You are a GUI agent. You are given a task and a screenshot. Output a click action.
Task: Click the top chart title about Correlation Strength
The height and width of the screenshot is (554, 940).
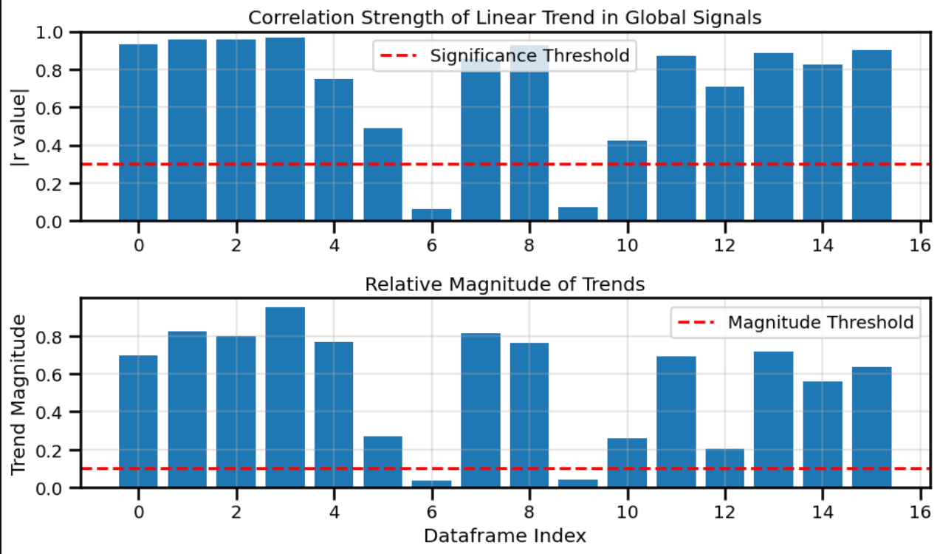click(x=504, y=18)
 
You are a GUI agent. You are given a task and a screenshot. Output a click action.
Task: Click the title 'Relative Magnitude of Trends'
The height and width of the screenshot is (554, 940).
click(x=504, y=284)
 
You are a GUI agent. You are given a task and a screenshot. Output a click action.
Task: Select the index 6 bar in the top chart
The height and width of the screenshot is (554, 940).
click(x=431, y=215)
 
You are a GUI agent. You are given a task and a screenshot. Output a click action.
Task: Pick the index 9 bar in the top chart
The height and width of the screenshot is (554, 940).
click(x=578, y=214)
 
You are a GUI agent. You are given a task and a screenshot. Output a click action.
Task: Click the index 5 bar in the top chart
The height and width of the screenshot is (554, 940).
click(x=382, y=175)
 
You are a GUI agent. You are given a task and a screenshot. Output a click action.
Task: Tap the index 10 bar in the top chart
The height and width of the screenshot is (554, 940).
click(x=627, y=181)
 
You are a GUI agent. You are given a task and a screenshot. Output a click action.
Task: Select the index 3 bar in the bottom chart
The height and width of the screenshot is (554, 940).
click(x=285, y=397)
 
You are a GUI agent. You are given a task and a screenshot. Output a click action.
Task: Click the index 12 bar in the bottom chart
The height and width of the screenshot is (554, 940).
click(x=724, y=468)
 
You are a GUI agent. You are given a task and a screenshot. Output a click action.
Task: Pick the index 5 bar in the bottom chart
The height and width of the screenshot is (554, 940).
click(x=382, y=462)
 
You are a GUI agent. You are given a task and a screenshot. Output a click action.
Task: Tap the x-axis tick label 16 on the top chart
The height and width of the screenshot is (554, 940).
click(x=920, y=244)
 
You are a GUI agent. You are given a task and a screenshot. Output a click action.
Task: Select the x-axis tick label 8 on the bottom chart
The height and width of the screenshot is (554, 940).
click(x=529, y=511)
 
